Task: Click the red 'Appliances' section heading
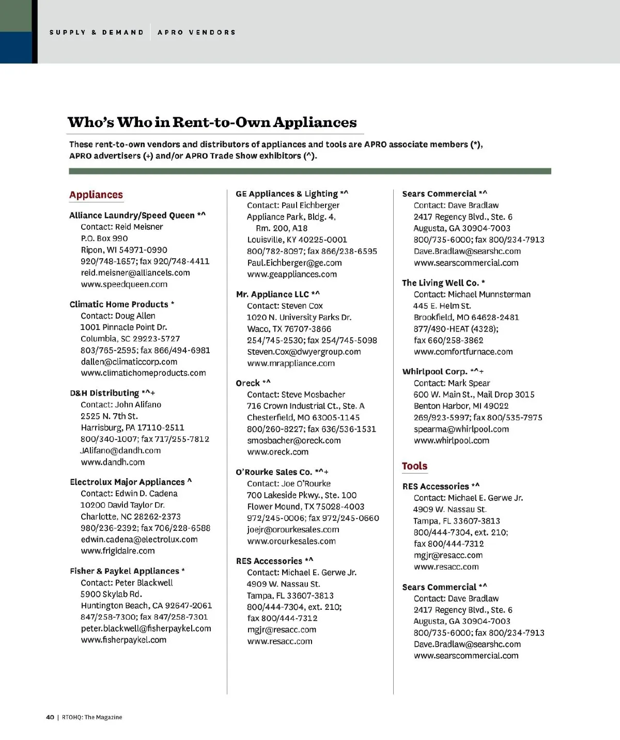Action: (96, 195)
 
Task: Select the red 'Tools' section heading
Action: (414, 466)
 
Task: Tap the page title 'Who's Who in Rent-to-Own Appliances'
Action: (212, 122)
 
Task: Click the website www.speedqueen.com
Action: (124, 284)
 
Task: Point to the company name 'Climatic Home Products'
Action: (119, 304)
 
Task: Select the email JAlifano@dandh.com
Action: (120, 450)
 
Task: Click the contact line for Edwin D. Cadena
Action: (129, 493)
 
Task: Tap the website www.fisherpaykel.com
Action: (123, 640)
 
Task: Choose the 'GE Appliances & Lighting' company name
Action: (287, 194)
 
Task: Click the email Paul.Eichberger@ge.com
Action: (295, 262)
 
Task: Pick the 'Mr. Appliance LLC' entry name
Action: (272, 294)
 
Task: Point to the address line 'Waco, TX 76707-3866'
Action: (289, 329)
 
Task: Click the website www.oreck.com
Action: (277, 452)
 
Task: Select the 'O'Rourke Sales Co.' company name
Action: (274, 472)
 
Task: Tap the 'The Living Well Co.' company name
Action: (440, 282)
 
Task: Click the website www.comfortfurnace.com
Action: (463, 352)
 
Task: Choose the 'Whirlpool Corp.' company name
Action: (435, 371)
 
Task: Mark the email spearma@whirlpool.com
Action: (461, 429)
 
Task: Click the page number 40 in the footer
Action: (50, 717)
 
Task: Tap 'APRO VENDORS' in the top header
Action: (196, 32)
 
